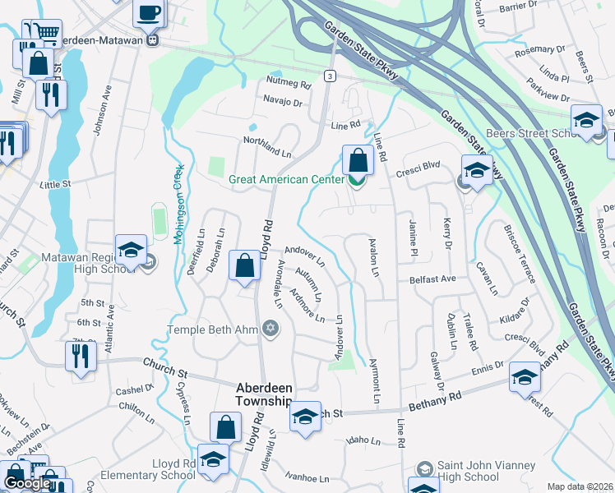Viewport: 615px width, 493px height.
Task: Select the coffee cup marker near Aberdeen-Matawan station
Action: point(149,13)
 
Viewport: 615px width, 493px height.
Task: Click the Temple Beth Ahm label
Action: point(213,329)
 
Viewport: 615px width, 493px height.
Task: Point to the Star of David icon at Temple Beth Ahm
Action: point(270,329)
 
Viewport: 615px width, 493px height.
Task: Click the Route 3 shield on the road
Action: point(331,76)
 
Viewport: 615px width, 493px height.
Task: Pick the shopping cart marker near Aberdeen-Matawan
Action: point(48,33)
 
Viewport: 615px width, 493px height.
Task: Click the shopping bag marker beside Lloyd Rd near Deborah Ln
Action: point(245,265)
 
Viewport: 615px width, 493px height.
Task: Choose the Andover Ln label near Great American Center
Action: point(305,256)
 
